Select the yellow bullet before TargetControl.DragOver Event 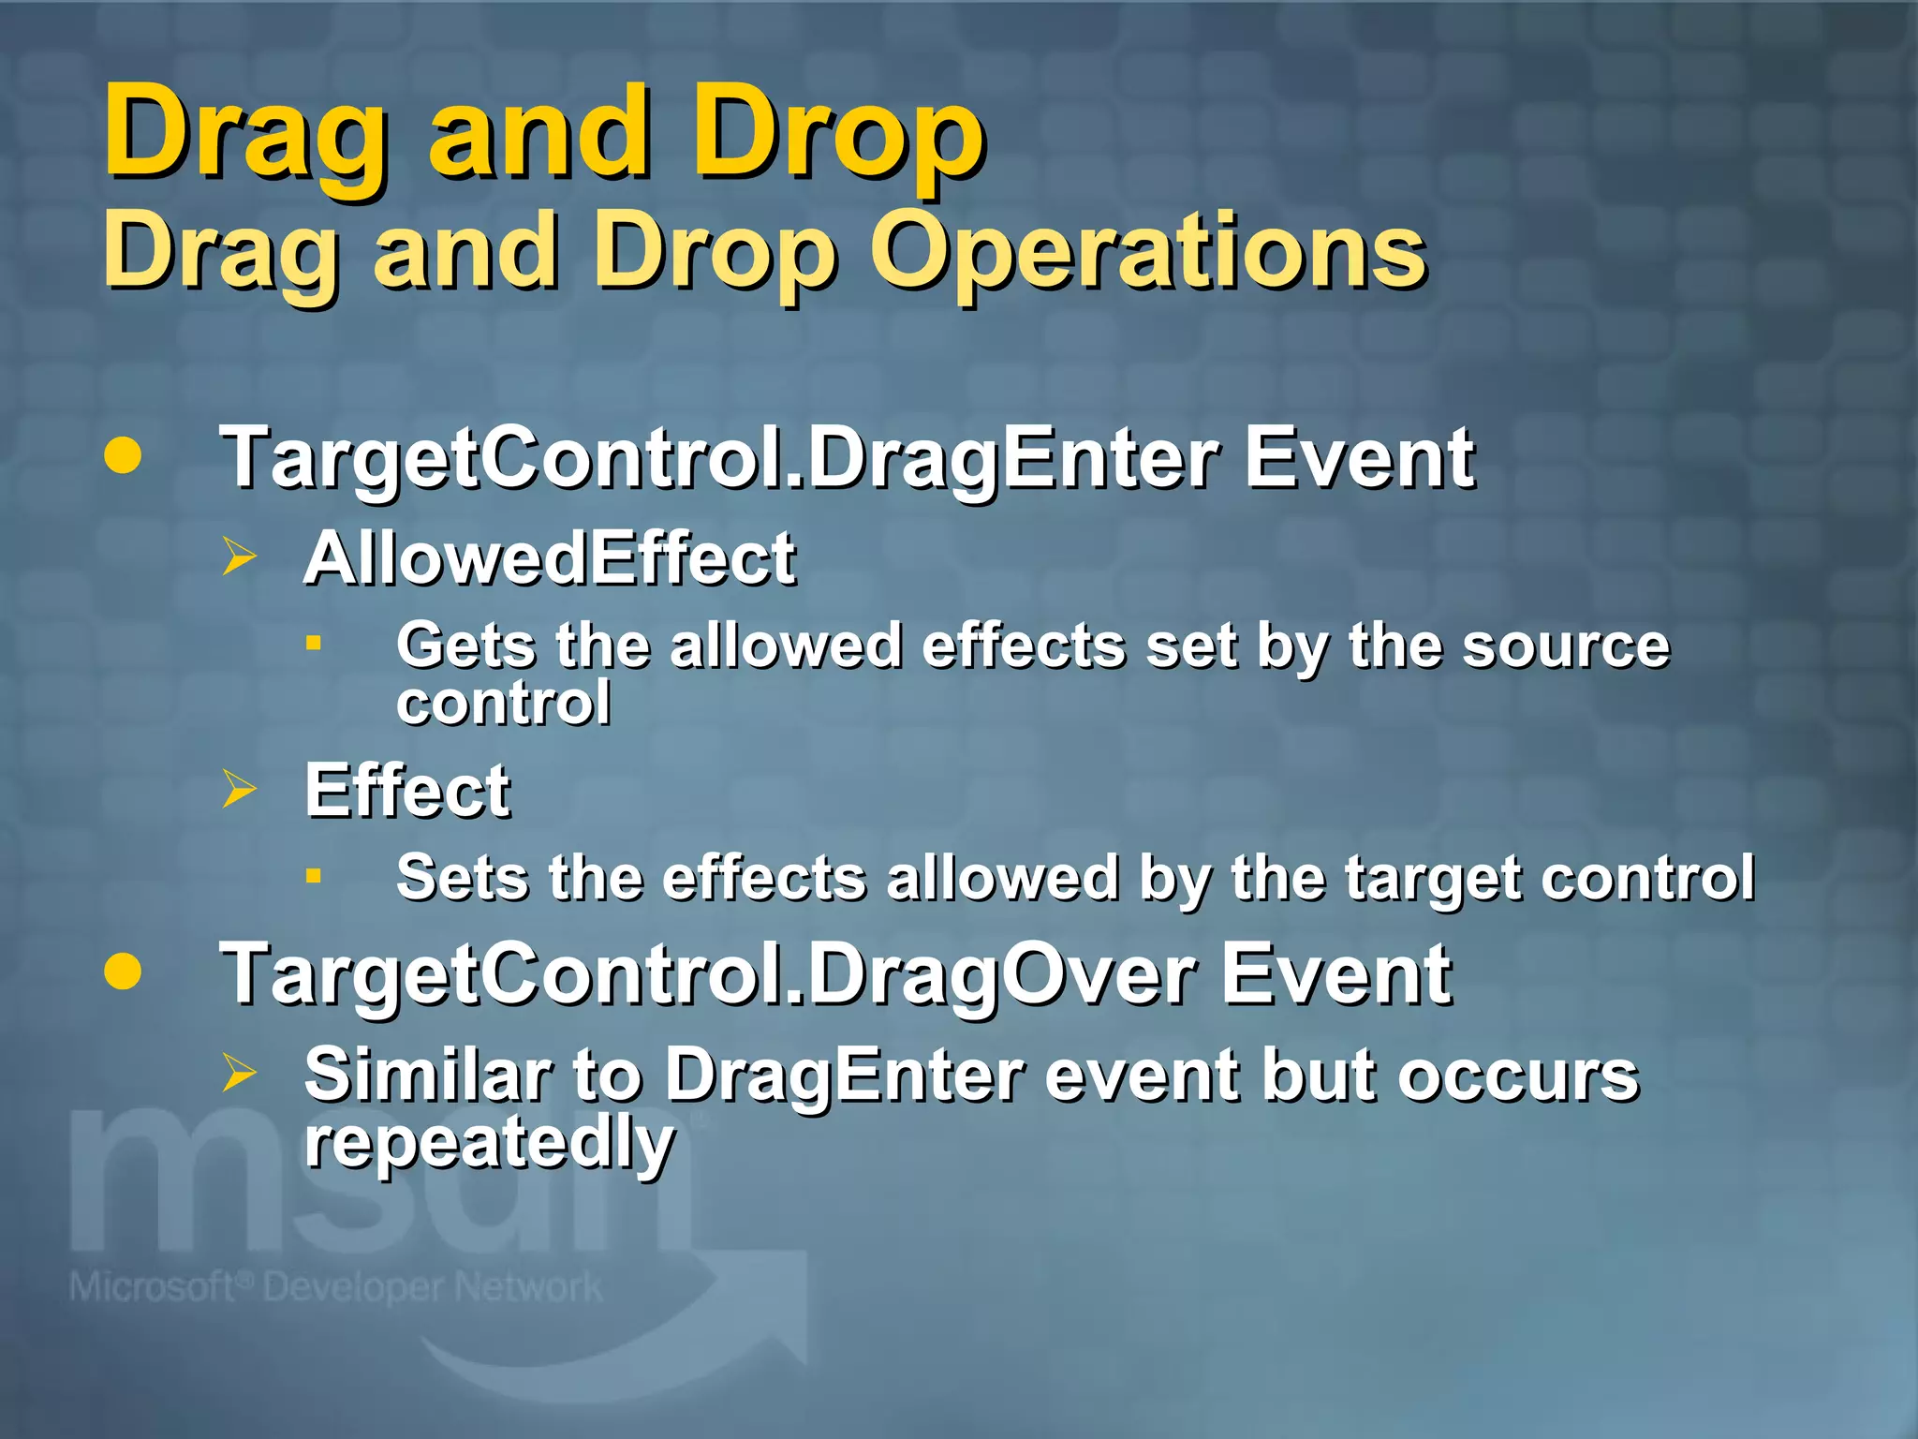coord(123,972)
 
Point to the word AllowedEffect coord(550,558)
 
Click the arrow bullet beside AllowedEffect coord(239,556)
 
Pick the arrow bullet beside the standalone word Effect coord(239,789)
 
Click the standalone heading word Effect coord(407,791)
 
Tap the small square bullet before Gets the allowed coord(314,643)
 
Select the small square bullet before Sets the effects coord(314,876)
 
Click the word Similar coord(427,1075)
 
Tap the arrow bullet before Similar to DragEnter coord(239,1074)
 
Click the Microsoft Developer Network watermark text coord(336,1287)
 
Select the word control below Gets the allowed coord(504,703)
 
